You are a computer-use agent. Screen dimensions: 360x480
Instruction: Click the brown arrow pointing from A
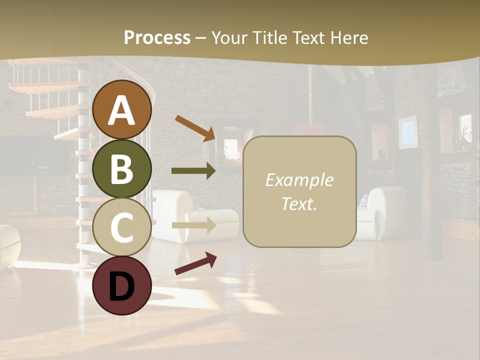[x=195, y=128]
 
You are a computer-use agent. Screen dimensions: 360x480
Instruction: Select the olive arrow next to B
[x=193, y=171]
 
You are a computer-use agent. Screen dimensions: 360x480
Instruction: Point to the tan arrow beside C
[x=193, y=225]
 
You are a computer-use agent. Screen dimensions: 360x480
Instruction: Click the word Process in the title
[x=157, y=37]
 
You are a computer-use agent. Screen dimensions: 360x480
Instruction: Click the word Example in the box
[x=299, y=180]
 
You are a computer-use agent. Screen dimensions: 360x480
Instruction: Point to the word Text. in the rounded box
[x=299, y=203]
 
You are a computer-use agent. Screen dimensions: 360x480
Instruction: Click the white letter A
[x=122, y=110]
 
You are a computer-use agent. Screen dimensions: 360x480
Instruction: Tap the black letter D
[x=122, y=286]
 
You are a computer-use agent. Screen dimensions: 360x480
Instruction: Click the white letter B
[x=122, y=169]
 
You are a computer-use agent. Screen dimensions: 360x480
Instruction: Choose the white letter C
[x=122, y=227]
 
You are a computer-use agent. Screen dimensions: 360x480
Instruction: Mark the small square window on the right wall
[x=408, y=131]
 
